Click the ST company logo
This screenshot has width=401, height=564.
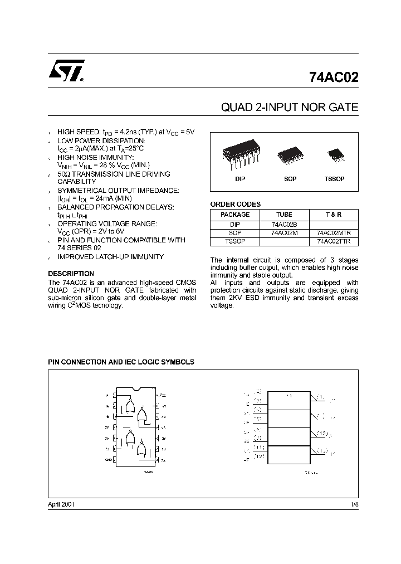66,71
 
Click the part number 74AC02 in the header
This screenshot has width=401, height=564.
333,77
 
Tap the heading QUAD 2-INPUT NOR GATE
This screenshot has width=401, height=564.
290,108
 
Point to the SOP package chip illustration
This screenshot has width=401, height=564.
290,153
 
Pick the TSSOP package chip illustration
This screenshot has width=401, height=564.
334,153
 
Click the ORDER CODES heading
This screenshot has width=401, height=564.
235,205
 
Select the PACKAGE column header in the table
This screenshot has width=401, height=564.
235,215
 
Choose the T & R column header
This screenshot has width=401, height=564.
333,215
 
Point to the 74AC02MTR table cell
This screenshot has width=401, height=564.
334,233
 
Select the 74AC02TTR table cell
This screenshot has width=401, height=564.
334,241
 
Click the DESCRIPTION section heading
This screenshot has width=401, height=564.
71,274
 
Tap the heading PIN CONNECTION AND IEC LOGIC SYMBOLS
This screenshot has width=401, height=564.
121,362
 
